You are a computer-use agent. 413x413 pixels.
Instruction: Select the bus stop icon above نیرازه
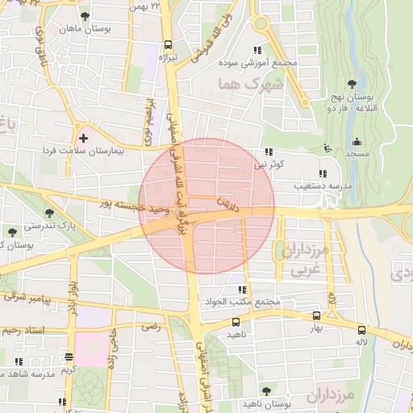click(168, 45)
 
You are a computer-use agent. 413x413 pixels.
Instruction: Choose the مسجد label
click(357, 152)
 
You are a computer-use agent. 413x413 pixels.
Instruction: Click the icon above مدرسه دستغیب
click(323, 173)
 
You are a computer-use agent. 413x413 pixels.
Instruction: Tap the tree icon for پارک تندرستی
click(50, 213)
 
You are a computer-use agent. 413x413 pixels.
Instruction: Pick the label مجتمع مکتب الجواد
click(242, 302)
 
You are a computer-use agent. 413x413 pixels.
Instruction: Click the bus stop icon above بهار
click(315, 316)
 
